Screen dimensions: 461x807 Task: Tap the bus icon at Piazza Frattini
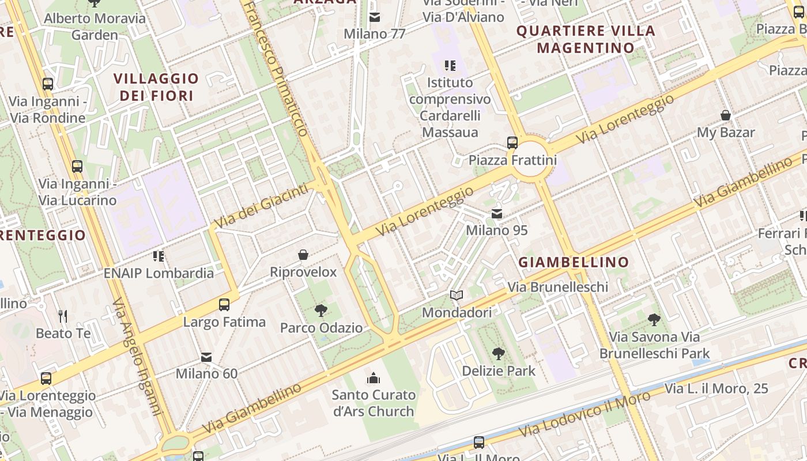coord(512,142)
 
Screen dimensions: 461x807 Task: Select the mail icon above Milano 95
coord(496,214)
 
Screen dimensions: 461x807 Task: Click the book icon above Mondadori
coord(457,296)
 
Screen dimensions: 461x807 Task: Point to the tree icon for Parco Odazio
coord(321,311)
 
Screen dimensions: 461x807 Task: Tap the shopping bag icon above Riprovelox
coord(303,255)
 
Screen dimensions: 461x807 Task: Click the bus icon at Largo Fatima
coord(224,305)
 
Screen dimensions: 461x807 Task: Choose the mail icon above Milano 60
coord(206,357)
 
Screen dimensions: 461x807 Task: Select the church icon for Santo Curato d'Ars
coord(374,378)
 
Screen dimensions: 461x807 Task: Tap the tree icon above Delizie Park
coord(499,354)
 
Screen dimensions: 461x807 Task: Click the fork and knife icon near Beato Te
coord(63,316)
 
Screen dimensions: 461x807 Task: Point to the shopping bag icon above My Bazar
coord(726,115)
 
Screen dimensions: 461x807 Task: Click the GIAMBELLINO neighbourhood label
coord(574,262)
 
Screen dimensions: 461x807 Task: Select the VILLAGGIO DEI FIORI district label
coord(156,87)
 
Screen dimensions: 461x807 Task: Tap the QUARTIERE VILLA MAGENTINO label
coord(586,39)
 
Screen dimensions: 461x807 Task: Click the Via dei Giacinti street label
coord(261,205)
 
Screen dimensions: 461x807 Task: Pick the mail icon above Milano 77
coord(375,17)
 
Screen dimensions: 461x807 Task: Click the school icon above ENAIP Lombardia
coord(159,256)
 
